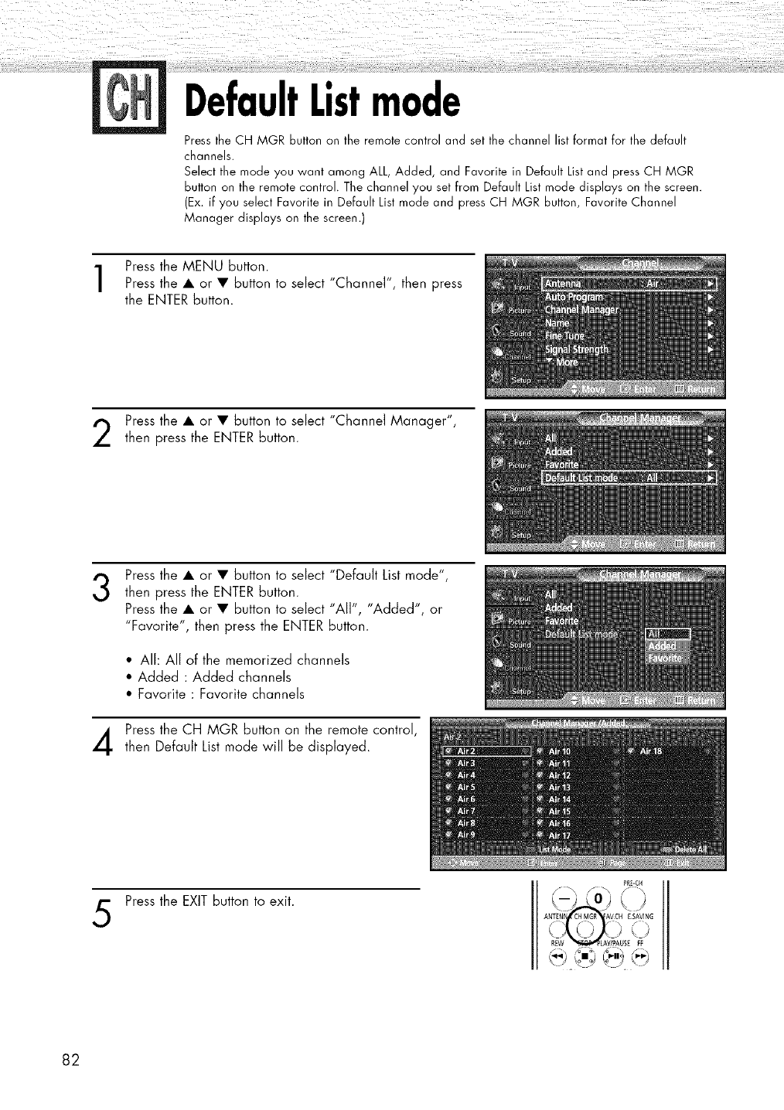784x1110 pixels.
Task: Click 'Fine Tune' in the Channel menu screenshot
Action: coord(565,336)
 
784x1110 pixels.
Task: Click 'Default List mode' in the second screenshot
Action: coord(582,478)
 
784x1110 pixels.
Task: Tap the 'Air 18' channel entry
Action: coord(651,751)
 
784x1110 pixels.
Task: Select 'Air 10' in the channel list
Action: coord(559,751)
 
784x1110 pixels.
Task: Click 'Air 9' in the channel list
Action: coord(466,835)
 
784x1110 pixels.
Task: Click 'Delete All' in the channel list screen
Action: coord(690,849)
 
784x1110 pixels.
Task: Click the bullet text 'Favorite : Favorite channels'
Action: coord(221,694)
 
